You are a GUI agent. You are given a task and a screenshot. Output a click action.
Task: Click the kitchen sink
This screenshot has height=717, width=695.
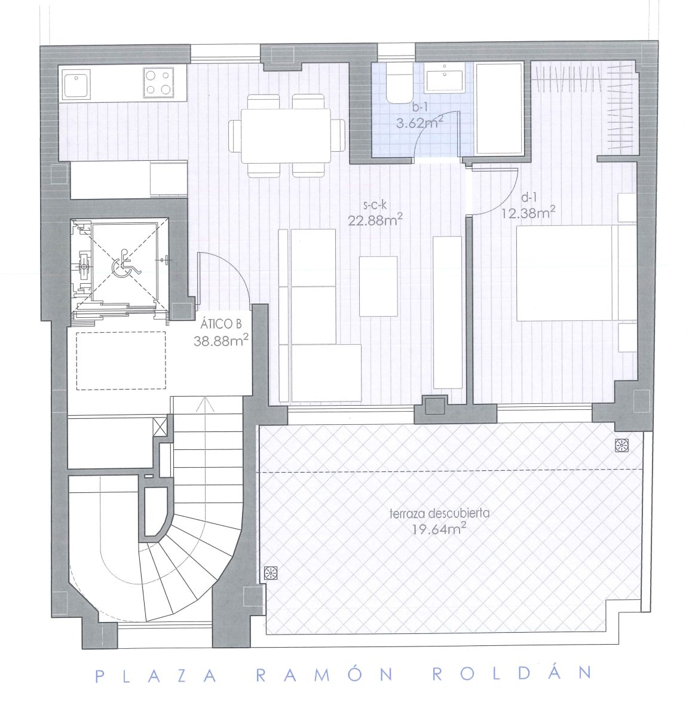click(76, 84)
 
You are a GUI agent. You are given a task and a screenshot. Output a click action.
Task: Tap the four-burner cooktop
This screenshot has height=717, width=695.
click(158, 82)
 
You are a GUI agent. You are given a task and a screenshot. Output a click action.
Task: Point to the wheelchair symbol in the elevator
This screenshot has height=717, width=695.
click(125, 262)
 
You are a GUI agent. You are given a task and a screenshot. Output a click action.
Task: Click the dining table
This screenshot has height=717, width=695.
click(286, 136)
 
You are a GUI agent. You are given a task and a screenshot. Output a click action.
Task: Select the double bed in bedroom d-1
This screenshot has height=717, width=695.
click(575, 273)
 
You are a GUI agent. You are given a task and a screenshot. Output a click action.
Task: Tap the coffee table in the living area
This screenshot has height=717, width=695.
click(378, 286)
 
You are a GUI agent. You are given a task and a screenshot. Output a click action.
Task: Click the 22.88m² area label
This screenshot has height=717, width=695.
click(375, 220)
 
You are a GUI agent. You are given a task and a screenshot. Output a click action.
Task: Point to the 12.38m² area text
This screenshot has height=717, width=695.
click(528, 212)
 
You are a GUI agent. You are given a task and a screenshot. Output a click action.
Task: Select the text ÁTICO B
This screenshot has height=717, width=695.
click(221, 324)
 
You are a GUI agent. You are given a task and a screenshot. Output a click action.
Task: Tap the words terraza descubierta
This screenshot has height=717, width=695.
click(439, 513)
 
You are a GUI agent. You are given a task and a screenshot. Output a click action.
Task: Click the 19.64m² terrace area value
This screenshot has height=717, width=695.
click(439, 529)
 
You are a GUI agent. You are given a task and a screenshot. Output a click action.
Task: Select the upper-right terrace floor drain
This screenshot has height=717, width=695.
click(621, 446)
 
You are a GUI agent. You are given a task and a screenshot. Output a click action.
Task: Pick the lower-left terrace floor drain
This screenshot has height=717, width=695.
click(271, 573)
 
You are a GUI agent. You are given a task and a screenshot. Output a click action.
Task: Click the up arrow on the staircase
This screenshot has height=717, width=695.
click(205, 404)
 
